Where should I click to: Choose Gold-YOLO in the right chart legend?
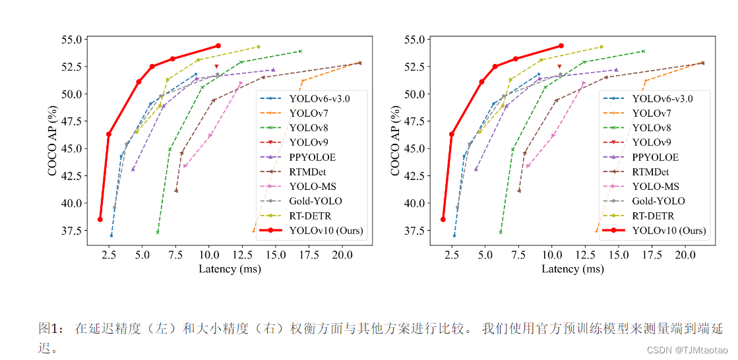point(658,201)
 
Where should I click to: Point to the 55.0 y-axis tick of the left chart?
point(70,39)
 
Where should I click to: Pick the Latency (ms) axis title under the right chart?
point(572,269)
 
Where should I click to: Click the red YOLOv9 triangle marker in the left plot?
point(216,67)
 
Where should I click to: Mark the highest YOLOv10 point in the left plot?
point(218,46)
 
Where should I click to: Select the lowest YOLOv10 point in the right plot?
point(443,220)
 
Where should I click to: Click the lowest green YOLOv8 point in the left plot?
point(158,232)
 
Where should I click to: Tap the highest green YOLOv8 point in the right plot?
point(643,51)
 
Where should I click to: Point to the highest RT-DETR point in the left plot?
point(258,47)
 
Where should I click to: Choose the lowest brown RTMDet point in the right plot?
point(519,191)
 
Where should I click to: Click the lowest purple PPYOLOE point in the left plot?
point(133,169)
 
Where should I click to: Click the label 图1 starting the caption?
point(49,328)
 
